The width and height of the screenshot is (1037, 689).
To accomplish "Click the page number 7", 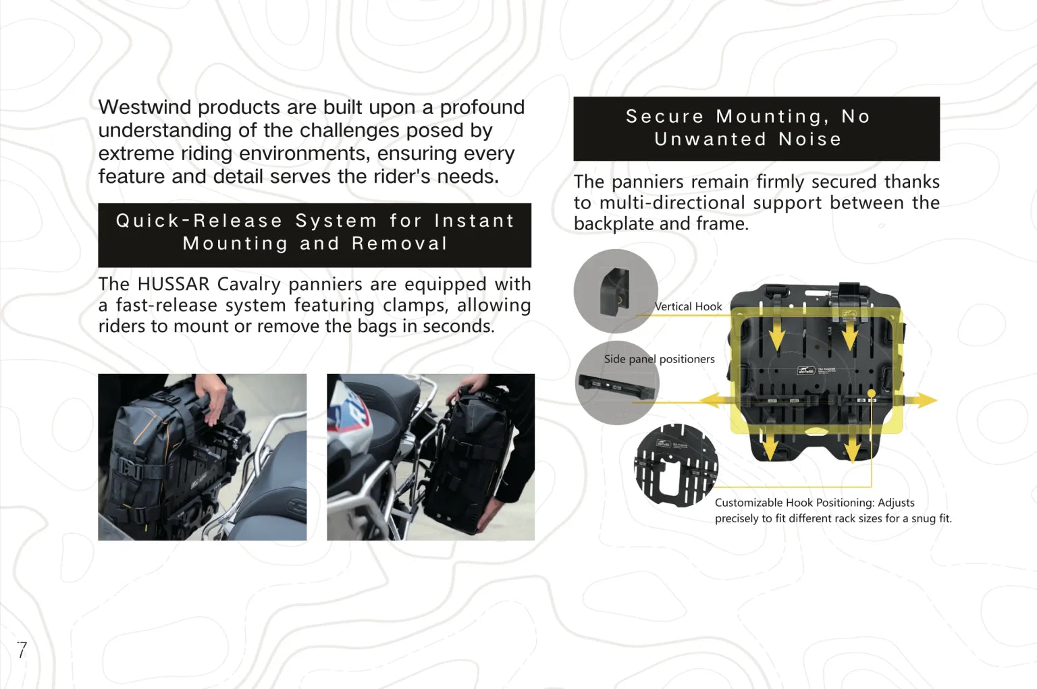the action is [22, 650].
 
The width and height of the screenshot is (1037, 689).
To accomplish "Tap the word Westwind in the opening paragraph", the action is [145, 107].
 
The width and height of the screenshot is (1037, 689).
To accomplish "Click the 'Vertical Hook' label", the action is [688, 306].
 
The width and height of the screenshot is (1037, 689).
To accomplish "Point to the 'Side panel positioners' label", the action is [659, 359].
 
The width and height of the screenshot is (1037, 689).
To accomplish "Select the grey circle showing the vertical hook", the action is [616, 291].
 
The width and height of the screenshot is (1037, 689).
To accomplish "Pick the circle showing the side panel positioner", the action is [617, 383].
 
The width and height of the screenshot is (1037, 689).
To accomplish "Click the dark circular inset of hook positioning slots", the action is [676, 465].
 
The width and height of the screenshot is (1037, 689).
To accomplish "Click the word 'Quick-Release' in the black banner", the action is [200, 221].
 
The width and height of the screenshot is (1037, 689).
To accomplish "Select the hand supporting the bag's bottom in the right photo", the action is [493, 514].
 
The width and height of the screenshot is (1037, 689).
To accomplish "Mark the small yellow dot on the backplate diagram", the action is [872, 393].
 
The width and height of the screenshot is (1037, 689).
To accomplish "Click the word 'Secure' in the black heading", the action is [665, 116].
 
